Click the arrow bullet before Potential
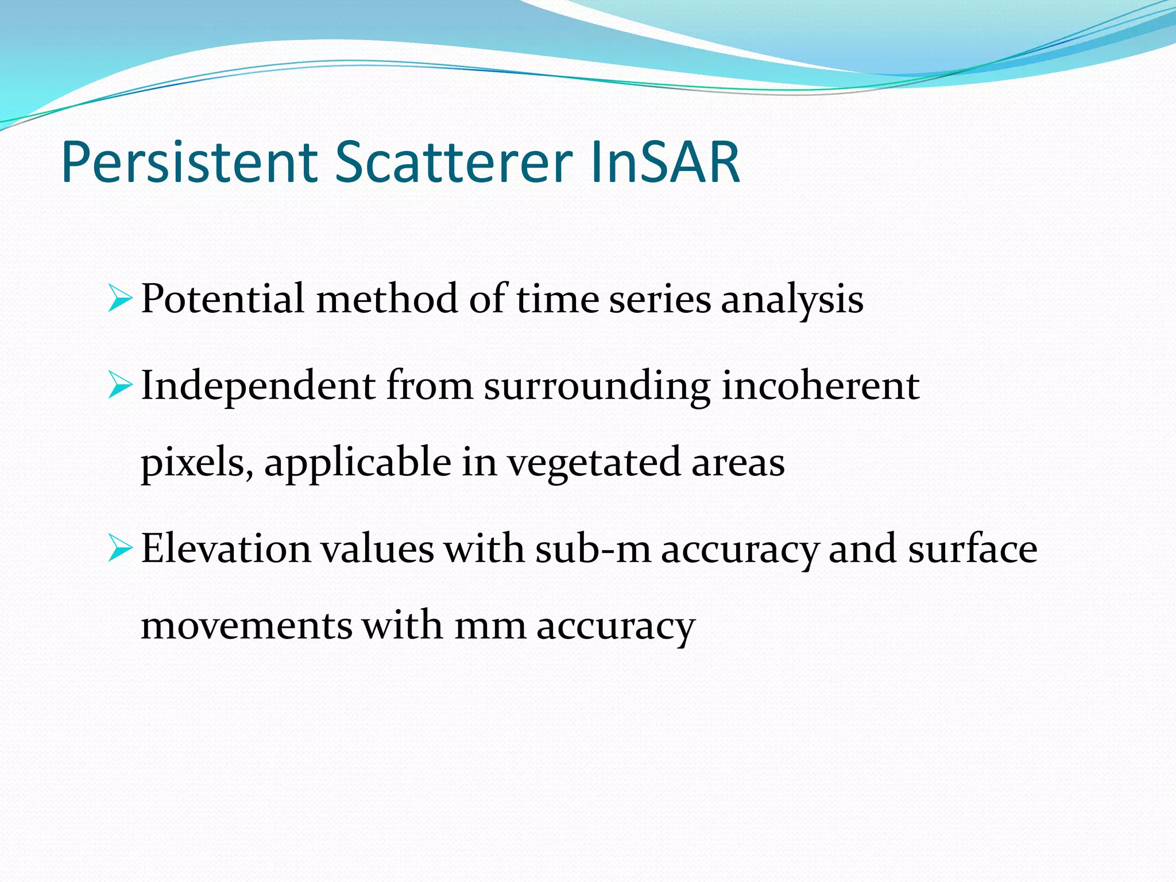tap(119, 299)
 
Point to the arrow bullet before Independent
tap(119, 385)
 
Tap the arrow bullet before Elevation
tap(119, 548)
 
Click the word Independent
tap(258, 385)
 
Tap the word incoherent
tap(820, 385)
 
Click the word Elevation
tap(226, 548)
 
